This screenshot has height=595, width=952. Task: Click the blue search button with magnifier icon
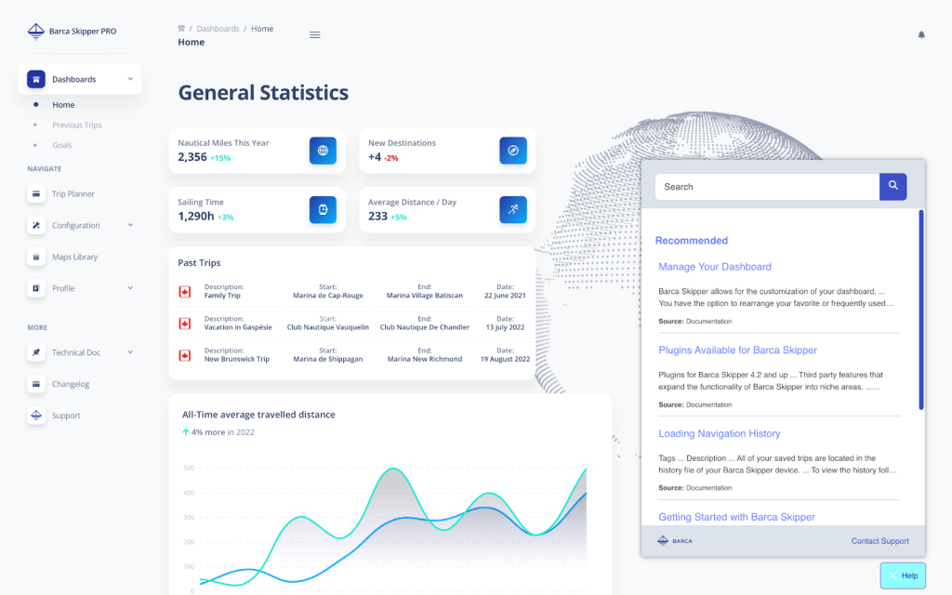(x=892, y=187)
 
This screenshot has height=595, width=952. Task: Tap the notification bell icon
(x=921, y=35)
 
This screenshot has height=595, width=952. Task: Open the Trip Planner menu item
(x=73, y=194)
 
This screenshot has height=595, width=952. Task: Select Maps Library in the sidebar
(x=74, y=257)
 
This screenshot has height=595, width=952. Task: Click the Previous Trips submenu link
(x=76, y=126)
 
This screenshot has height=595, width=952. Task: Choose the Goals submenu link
(x=62, y=145)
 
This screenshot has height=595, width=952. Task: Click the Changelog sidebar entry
(x=71, y=384)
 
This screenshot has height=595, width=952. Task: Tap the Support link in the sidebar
(x=66, y=416)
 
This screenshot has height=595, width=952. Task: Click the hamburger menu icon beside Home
(x=315, y=35)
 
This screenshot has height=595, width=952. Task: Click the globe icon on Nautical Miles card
(x=323, y=151)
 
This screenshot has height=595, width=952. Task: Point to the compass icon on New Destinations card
(x=512, y=151)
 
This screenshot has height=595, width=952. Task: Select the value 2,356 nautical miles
(x=192, y=157)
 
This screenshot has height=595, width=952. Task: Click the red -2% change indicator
(x=391, y=158)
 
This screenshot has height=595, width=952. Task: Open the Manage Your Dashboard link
(x=715, y=267)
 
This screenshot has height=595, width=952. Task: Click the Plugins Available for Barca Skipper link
(x=737, y=350)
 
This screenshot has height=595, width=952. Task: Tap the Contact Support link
(x=879, y=541)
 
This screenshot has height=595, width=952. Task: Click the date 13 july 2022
(x=505, y=327)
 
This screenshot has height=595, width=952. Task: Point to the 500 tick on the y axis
(x=189, y=468)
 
